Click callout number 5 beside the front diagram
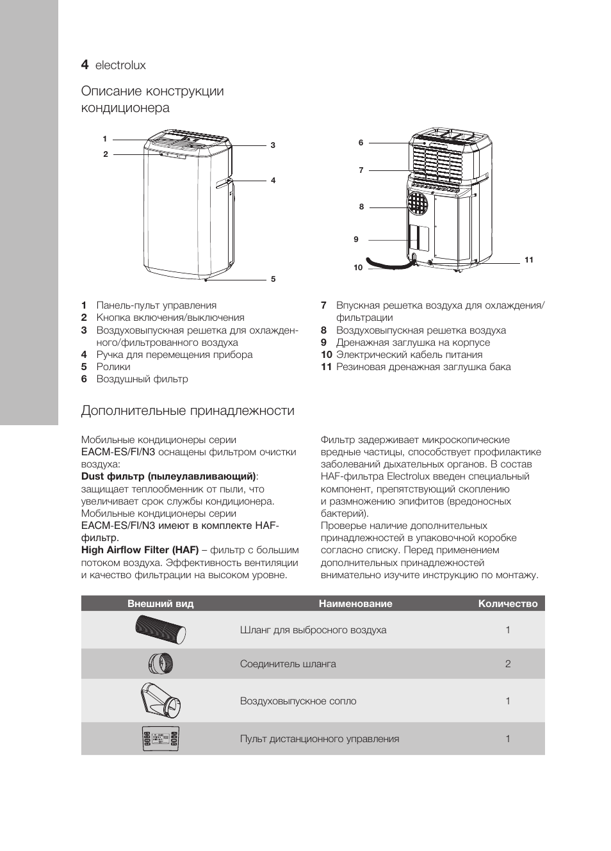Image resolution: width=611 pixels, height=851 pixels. (x=273, y=279)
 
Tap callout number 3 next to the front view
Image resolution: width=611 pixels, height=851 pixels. (x=273, y=145)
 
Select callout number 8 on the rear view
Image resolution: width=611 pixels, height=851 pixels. (x=361, y=207)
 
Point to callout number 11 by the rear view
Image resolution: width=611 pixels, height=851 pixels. (x=528, y=260)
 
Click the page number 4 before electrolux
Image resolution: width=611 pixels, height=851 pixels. (x=85, y=65)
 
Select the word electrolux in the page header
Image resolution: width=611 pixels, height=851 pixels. (x=120, y=65)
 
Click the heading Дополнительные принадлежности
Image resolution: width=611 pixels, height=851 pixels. (x=188, y=410)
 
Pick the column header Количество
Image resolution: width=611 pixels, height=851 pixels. (x=507, y=603)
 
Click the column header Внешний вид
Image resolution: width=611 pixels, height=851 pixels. (x=160, y=603)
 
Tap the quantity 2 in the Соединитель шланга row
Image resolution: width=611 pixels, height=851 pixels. (x=508, y=664)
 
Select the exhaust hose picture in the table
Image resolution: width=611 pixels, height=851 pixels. (x=161, y=630)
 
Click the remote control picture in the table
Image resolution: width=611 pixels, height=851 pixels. (x=161, y=739)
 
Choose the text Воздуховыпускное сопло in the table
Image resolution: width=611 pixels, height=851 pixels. (x=298, y=701)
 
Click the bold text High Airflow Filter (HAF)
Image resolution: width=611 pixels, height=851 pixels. (x=140, y=550)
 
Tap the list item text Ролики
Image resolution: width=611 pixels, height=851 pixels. (x=113, y=367)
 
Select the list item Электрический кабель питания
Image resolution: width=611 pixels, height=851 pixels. (x=409, y=355)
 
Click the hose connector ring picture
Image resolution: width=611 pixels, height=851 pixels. (x=160, y=663)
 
